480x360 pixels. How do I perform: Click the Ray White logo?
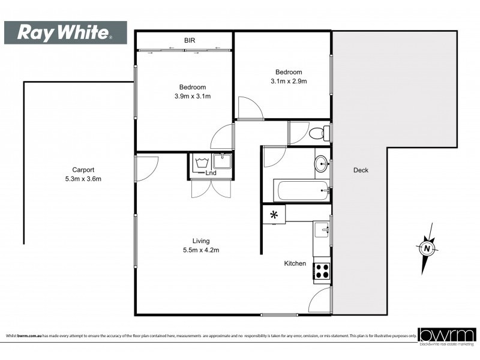point(65,32)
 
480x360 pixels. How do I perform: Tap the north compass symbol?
point(427,248)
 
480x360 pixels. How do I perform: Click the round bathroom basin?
point(323,163)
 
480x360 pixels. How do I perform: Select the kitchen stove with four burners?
point(322,271)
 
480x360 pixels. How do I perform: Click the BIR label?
point(190,41)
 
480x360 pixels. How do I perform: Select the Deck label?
point(361,170)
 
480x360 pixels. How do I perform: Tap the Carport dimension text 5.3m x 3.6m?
point(83,179)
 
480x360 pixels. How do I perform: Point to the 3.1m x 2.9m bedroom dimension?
point(289,81)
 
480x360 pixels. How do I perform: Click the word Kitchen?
point(295,263)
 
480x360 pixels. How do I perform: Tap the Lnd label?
point(211,173)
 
